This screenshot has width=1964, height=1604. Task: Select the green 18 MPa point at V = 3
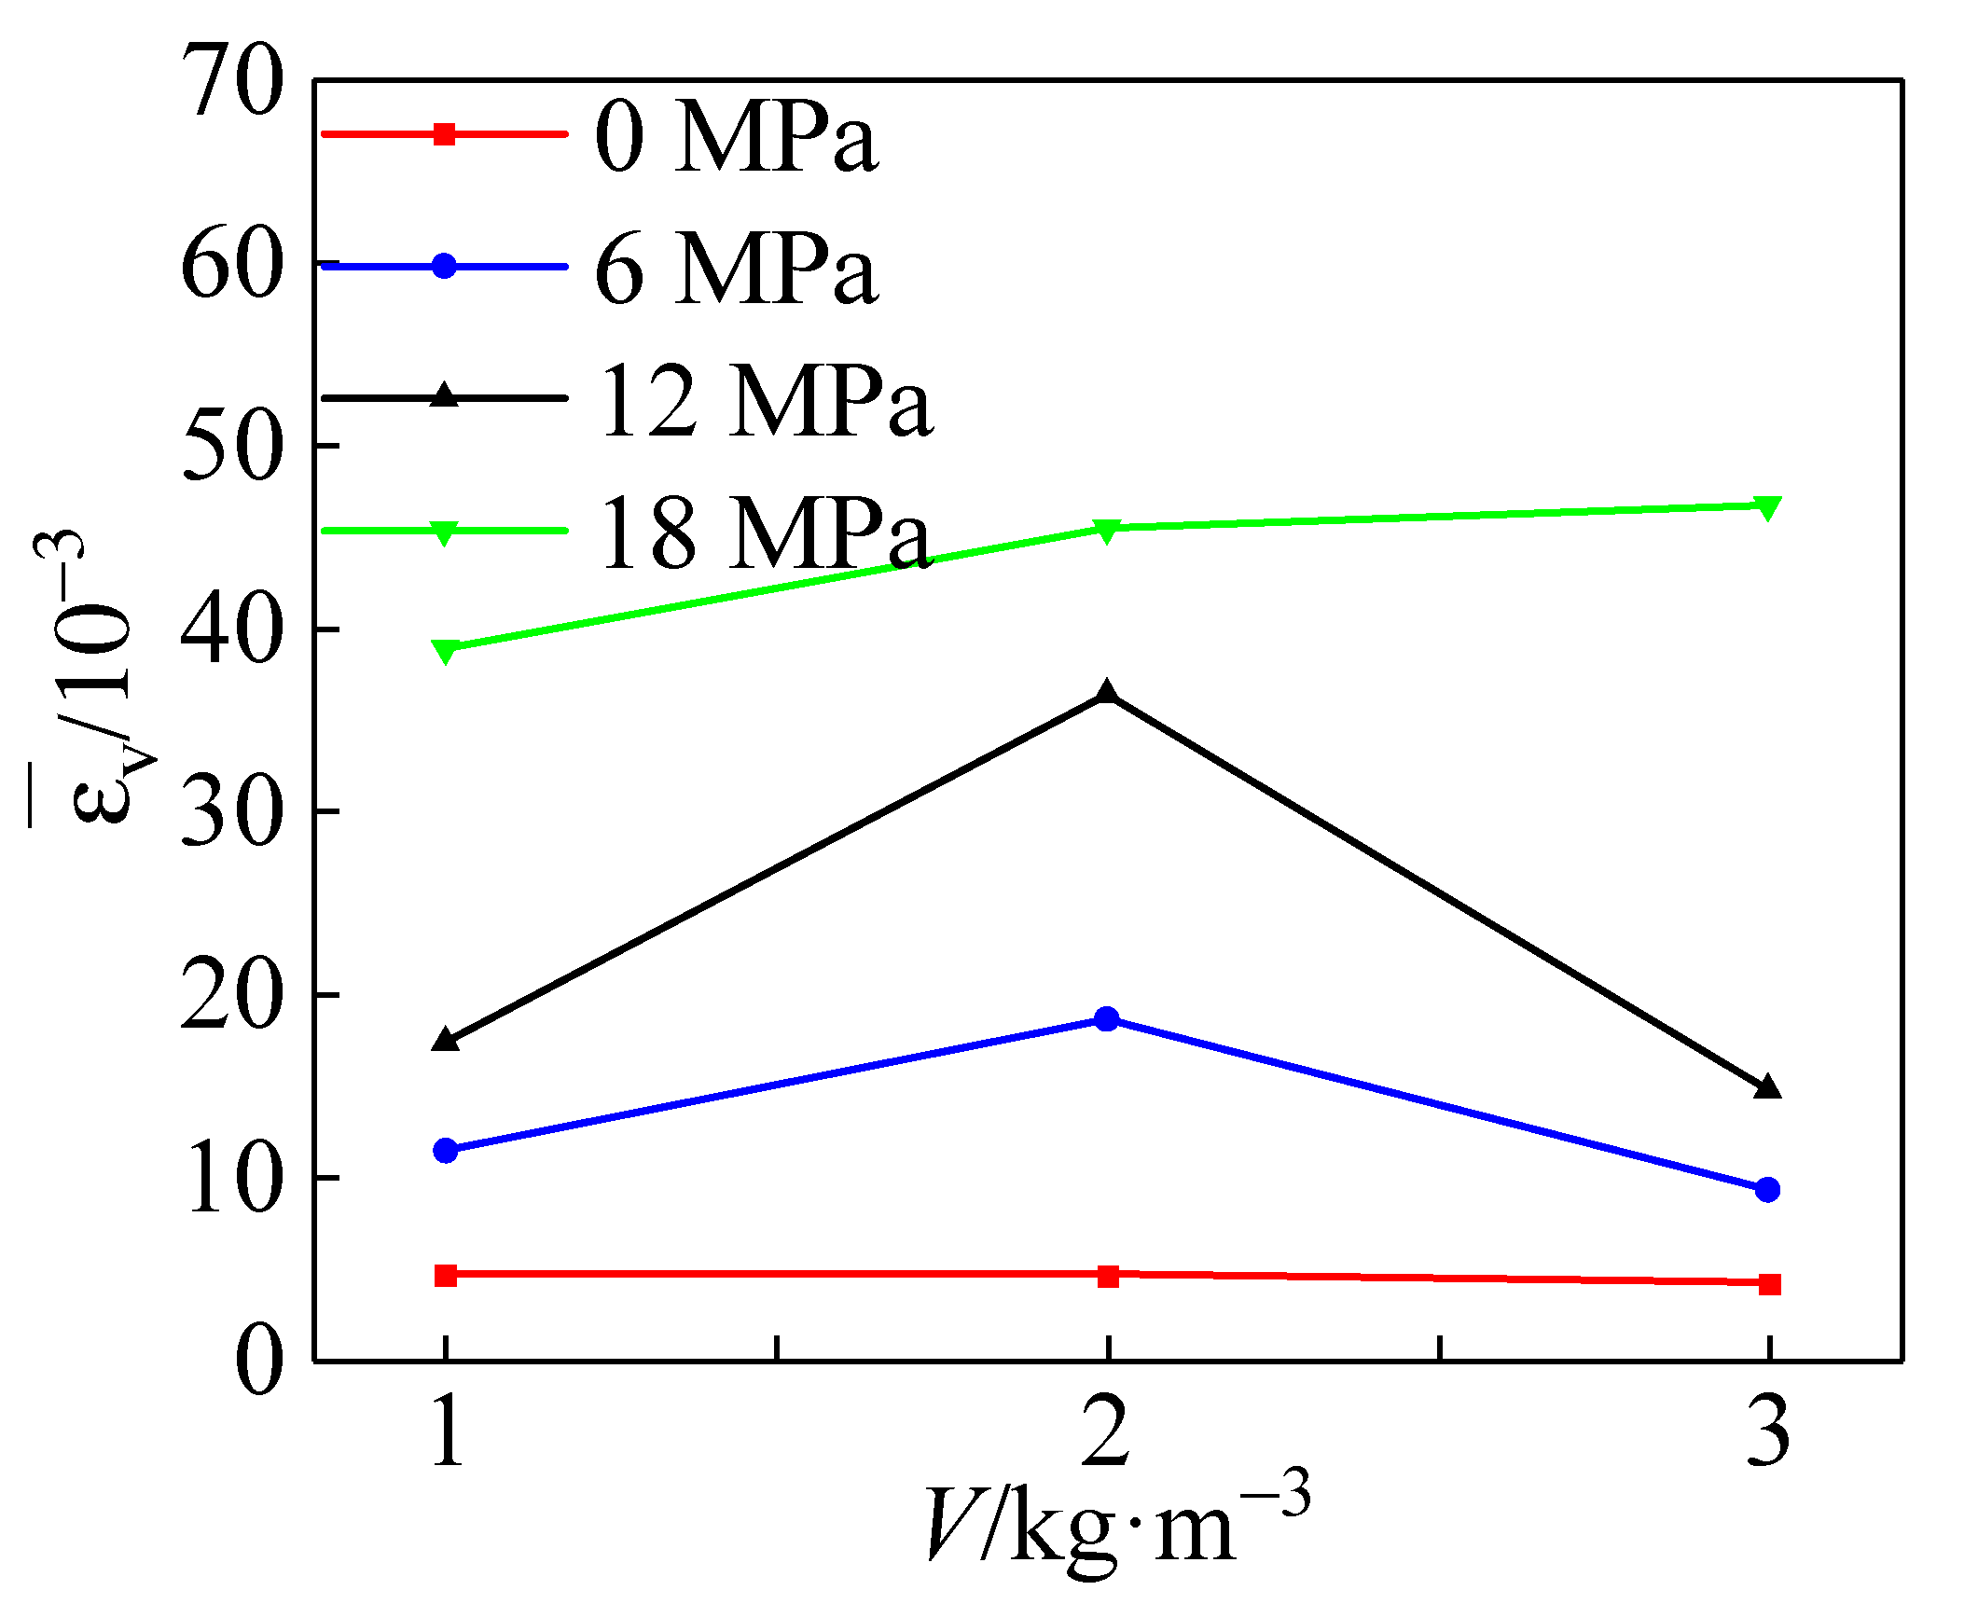(x=1768, y=506)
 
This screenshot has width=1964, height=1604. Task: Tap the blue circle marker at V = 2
(x=1107, y=1018)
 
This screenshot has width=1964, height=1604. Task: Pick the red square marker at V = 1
(x=446, y=1275)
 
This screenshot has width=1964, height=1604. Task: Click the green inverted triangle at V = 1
(x=446, y=649)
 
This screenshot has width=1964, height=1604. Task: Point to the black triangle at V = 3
(x=1768, y=1087)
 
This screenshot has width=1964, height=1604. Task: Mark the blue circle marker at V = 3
(x=1768, y=1189)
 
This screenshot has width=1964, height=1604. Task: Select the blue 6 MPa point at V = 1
(x=446, y=1150)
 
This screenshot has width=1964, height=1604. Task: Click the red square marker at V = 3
(x=1769, y=1284)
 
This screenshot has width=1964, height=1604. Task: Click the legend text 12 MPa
(x=765, y=402)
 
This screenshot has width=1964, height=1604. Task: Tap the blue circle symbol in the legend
(x=445, y=267)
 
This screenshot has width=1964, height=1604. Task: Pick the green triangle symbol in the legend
(x=445, y=532)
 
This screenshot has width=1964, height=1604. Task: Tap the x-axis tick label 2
(x=1107, y=1431)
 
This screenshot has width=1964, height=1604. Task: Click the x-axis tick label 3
(x=1768, y=1431)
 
